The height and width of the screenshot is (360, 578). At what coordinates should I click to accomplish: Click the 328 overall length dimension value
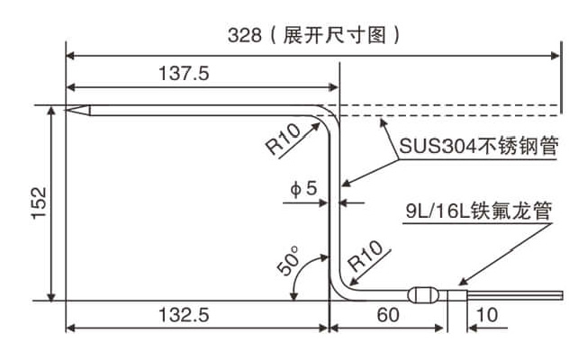coord(244,36)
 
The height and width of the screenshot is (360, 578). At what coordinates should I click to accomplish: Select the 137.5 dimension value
coord(184,73)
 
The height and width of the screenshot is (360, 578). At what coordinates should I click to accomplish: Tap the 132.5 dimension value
coord(184,315)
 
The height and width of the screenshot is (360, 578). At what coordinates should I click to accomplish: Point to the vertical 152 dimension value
coord(40,203)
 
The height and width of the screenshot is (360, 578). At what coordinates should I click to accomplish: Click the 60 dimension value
coord(388,315)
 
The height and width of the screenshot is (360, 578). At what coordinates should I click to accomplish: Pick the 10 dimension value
coord(487,315)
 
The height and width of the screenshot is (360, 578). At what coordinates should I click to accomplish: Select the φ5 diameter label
coord(303,188)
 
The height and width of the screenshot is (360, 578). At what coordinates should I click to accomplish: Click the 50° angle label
coord(289,260)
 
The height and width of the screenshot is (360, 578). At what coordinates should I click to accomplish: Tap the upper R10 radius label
coord(284,139)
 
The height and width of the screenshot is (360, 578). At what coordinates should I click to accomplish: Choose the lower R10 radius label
coord(366,256)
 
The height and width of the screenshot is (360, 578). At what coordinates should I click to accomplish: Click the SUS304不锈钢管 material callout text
coord(478,146)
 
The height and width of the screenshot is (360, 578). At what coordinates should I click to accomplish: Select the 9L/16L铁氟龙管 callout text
coord(478,211)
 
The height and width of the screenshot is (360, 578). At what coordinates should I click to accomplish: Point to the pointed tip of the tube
coord(66,110)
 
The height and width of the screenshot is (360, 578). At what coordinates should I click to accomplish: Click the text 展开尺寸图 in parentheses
coord(335,36)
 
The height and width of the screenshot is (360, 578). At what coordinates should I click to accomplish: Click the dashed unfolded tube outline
coord(450,111)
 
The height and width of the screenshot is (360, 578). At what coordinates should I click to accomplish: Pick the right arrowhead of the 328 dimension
coord(555,56)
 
